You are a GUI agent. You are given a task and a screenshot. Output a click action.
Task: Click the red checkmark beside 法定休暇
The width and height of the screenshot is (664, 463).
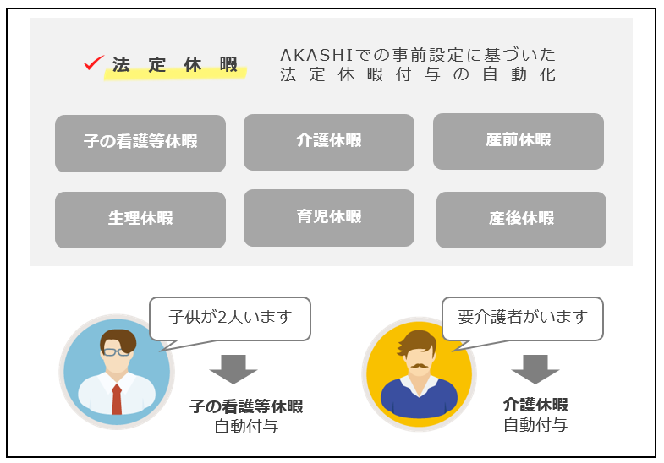94,63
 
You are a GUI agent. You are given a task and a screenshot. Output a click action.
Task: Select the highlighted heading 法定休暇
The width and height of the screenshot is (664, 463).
175,67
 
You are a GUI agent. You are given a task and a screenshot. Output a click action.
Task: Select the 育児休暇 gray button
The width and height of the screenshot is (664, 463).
329,217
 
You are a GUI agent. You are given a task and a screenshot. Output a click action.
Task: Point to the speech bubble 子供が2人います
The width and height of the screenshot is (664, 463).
230,318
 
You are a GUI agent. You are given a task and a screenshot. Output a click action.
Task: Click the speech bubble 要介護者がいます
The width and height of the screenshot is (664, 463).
522,318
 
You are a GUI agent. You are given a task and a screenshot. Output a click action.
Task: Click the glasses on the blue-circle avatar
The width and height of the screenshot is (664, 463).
117,351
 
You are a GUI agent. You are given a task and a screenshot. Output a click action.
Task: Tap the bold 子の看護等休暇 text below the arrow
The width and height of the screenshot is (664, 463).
246,407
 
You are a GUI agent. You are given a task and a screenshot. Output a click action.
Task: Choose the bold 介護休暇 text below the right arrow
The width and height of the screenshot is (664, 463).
535,405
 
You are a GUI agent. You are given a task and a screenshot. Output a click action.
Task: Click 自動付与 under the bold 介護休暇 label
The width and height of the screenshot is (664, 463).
535,425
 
